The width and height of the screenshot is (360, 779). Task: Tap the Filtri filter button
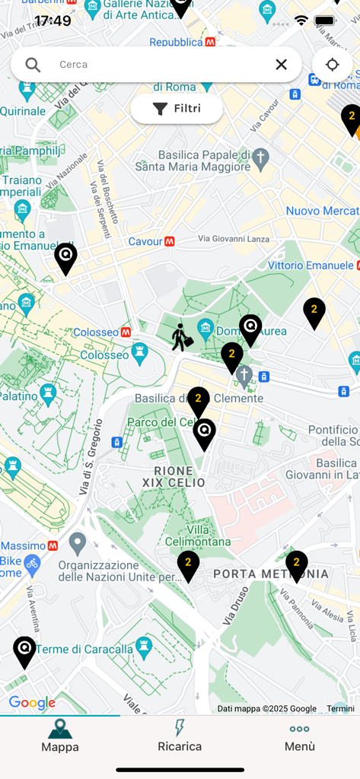(x=177, y=109)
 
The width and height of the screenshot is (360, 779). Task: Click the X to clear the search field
(x=281, y=65)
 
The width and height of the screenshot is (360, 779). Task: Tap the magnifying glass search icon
(x=33, y=65)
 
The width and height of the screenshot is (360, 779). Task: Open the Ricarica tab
(x=180, y=736)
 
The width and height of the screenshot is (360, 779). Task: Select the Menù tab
(x=299, y=736)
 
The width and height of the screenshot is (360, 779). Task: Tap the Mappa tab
(x=60, y=736)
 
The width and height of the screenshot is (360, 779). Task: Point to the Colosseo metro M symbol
(x=126, y=332)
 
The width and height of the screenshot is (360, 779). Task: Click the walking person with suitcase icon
(x=181, y=337)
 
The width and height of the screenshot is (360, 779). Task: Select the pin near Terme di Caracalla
(x=24, y=650)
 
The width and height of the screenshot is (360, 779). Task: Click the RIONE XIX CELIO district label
(x=174, y=477)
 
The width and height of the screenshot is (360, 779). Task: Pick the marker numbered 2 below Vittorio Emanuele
(x=314, y=311)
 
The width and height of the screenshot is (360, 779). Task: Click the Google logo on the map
(x=32, y=703)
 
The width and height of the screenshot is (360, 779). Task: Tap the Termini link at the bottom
(x=340, y=708)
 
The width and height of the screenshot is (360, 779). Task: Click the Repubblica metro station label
(x=176, y=43)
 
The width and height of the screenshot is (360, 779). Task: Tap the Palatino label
(x=18, y=396)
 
